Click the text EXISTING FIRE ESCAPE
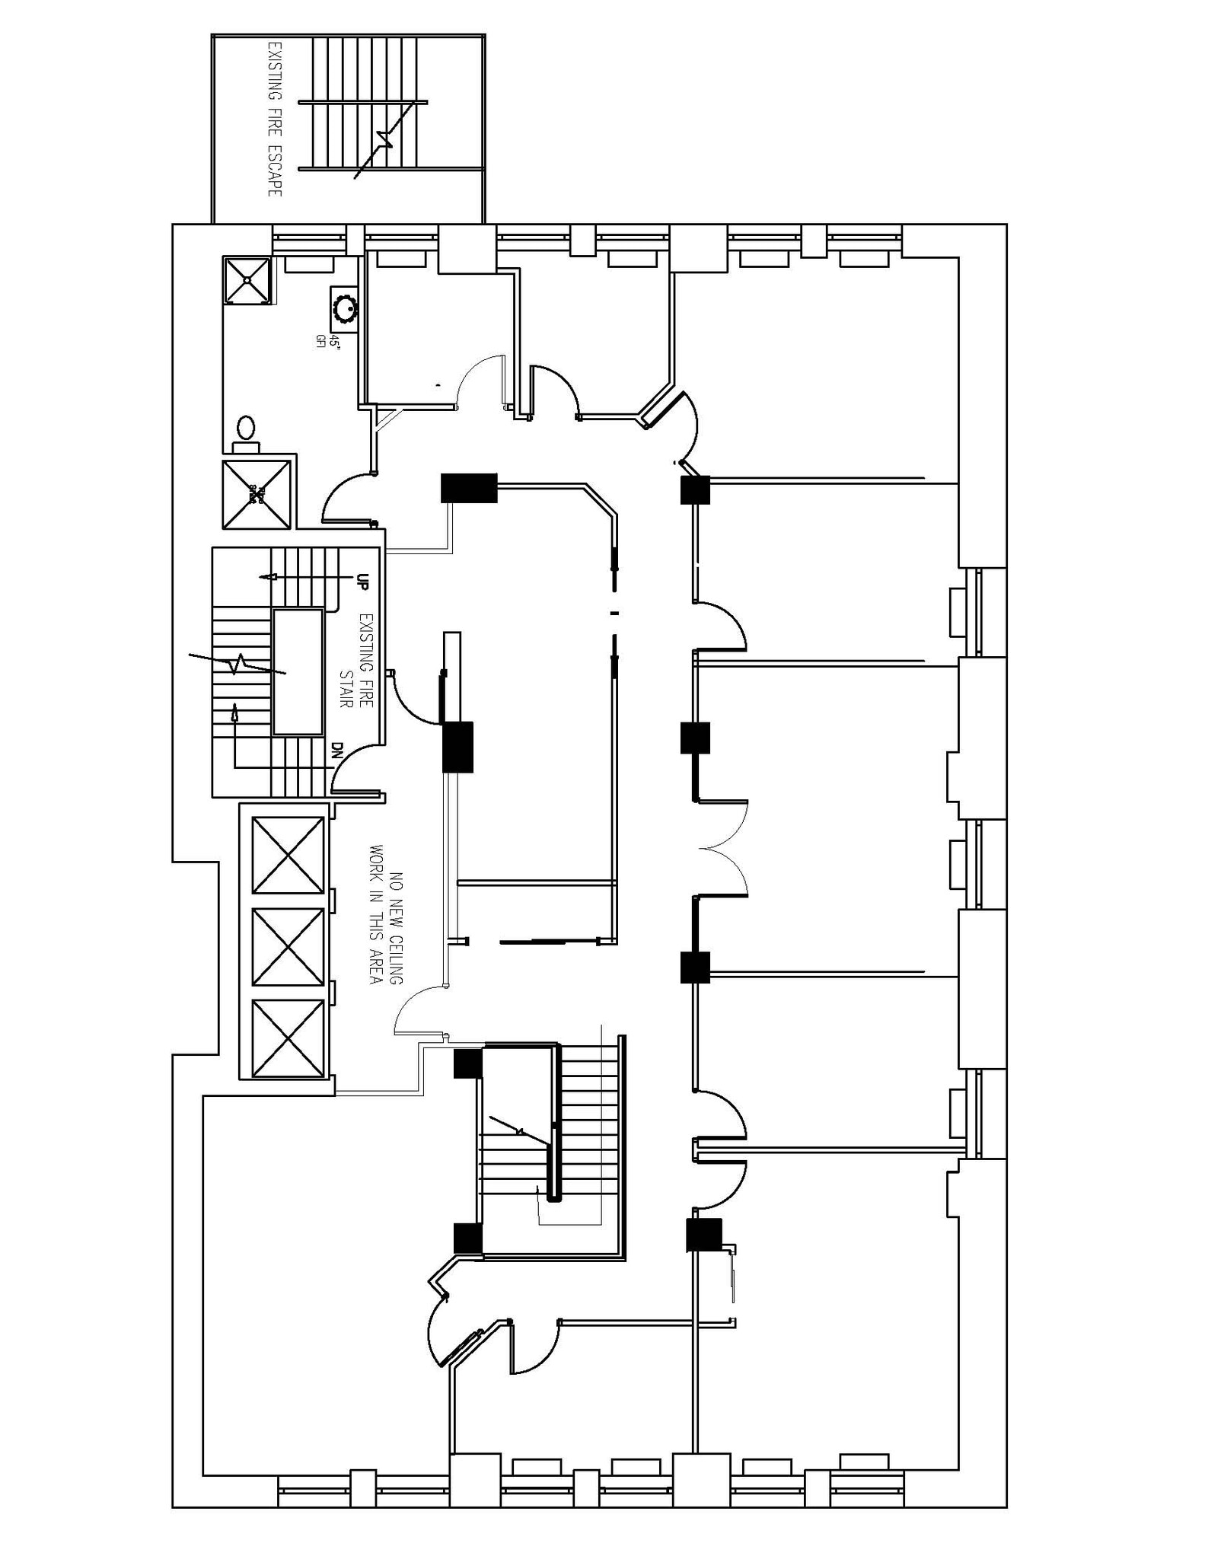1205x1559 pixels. click(x=275, y=120)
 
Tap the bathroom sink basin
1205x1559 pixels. click(x=346, y=308)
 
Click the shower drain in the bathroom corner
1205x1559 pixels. click(x=247, y=279)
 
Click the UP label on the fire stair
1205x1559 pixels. click(x=362, y=582)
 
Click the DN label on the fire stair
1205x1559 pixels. click(x=338, y=751)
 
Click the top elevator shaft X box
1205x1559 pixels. click(x=288, y=855)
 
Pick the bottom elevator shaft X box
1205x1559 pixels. click(x=288, y=1038)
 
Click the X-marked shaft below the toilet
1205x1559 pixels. click(x=256, y=495)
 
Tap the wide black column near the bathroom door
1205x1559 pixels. click(x=469, y=488)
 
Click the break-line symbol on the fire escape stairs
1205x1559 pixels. click(x=386, y=139)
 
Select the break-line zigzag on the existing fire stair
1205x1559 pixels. click(x=238, y=663)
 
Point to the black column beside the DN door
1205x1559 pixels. click(x=457, y=747)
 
